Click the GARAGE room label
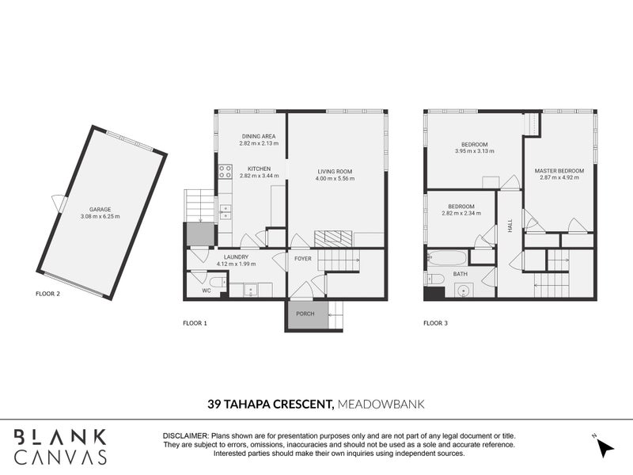pyautogui.click(x=99, y=209)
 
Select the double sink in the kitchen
pyautogui.click(x=226, y=211)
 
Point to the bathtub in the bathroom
pyautogui.click(x=446, y=257)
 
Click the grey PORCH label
pyautogui.click(x=305, y=314)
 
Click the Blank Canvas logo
pyautogui.click(x=60, y=446)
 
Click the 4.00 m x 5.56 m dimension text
pyautogui.click(x=335, y=179)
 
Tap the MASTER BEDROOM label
pyautogui.click(x=559, y=171)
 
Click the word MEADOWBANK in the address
pyautogui.click(x=381, y=404)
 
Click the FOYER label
pyautogui.click(x=303, y=258)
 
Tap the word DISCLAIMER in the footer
pyautogui.click(x=185, y=436)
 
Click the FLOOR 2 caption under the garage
pyautogui.click(x=48, y=293)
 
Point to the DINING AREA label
pyautogui.click(x=259, y=136)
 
